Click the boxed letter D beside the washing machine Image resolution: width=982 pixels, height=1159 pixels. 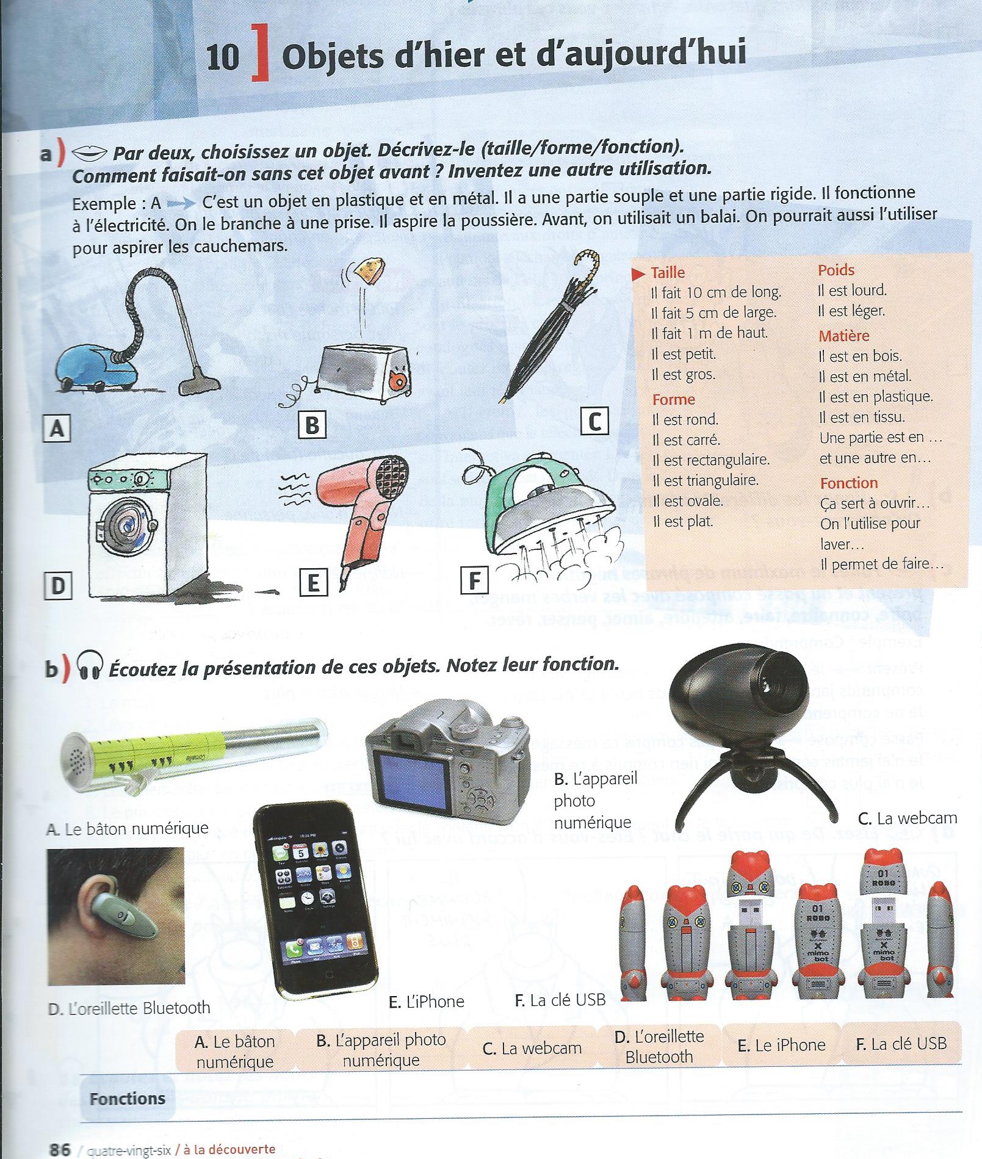tap(58, 585)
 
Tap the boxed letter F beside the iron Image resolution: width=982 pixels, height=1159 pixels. tap(474, 580)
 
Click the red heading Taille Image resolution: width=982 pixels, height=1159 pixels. tap(668, 273)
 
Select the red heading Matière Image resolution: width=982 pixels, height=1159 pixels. tap(844, 336)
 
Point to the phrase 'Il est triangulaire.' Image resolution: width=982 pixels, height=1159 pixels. tap(705, 480)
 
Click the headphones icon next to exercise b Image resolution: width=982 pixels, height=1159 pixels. tap(90, 668)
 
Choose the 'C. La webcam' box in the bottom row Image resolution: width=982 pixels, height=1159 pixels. tap(532, 1049)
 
